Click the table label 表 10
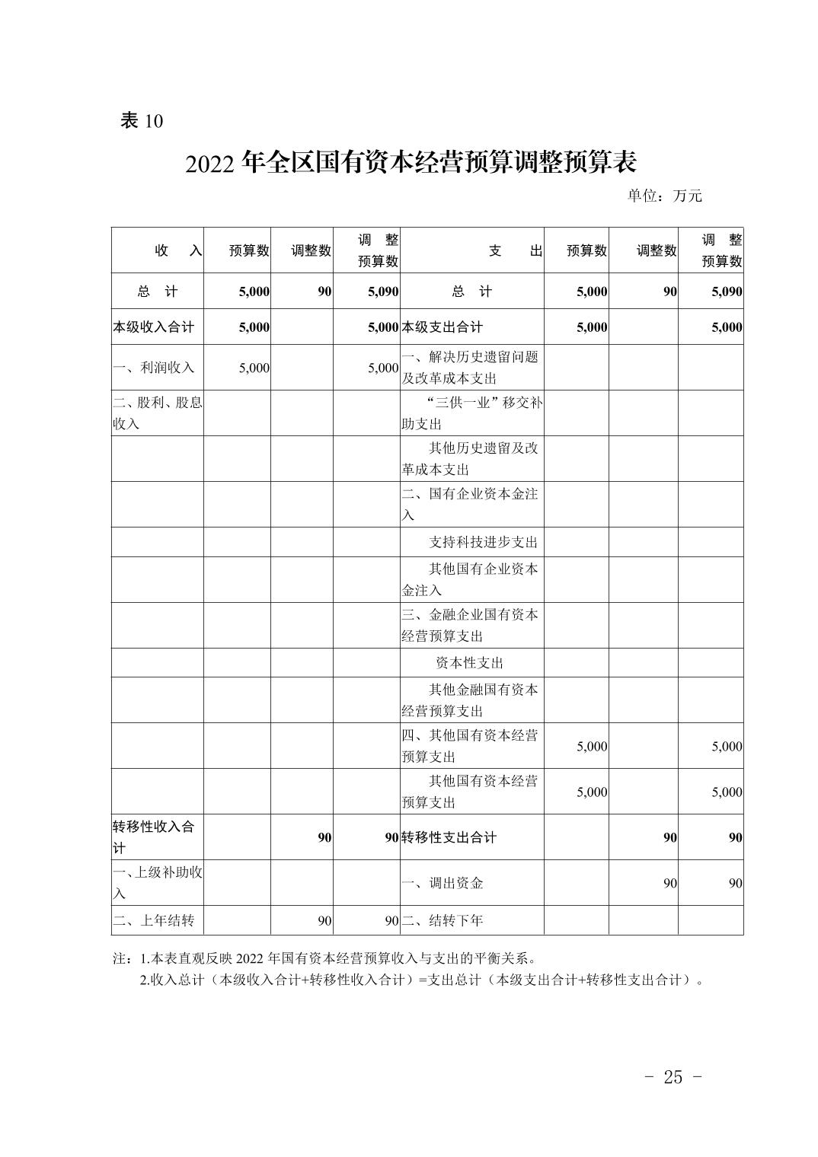point(142,121)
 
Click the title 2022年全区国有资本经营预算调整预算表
point(410,163)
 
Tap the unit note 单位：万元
point(664,196)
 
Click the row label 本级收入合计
point(153,327)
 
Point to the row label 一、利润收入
point(153,368)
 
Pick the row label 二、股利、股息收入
point(157,413)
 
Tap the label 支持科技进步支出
point(483,542)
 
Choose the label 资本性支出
point(469,663)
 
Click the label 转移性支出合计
point(449,837)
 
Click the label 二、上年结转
point(153,920)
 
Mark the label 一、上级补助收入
point(157,882)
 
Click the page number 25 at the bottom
point(673,1077)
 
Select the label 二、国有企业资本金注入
point(470,504)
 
